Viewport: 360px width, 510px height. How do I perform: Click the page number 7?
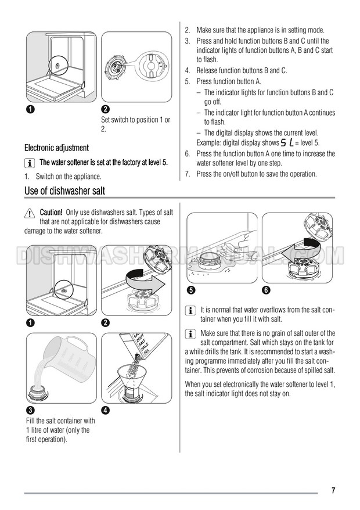(x=333, y=490)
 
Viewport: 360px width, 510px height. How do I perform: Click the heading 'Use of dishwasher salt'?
(x=64, y=191)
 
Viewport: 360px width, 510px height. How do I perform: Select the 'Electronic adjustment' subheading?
(x=56, y=148)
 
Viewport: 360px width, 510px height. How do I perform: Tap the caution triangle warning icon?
(x=29, y=213)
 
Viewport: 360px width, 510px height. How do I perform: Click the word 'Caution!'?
(x=51, y=213)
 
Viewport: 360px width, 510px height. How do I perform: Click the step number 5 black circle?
(x=191, y=290)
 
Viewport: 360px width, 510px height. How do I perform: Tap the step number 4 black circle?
(x=105, y=410)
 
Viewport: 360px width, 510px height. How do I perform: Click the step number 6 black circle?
(x=266, y=290)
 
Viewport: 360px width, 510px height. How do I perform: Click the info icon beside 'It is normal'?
(x=190, y=311)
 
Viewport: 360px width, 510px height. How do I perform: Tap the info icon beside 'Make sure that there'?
(x=190, y=334)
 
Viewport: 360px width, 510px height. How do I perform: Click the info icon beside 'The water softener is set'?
(x=30, y=163)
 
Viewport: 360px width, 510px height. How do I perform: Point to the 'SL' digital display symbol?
(x=287, y=142)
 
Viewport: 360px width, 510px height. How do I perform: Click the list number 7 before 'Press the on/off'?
(x=188, y=174)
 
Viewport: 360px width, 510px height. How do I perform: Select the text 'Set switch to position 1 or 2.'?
(x=136, y=124)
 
